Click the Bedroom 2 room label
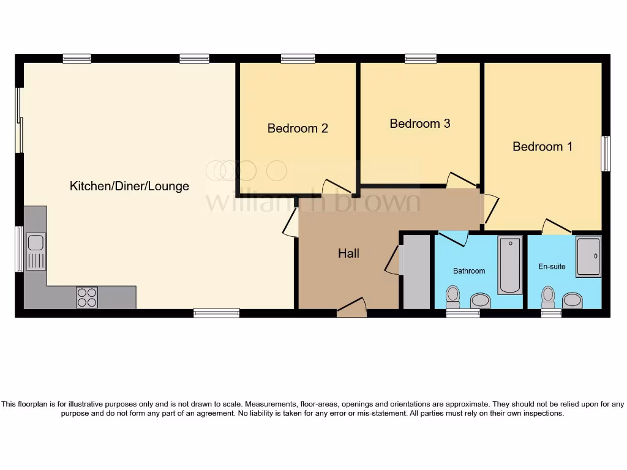tap(298, 129)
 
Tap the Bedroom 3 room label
tap(420, 124)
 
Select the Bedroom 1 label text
tap(543, 147)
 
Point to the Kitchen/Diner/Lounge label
tap(129, 186)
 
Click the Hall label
tap(348, 253)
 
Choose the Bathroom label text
tap(469, 271)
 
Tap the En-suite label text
tap(552, 267)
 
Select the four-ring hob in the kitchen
tap(87, 297)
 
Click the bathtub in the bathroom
tap(509, 265)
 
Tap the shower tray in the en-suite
tap(588, 256)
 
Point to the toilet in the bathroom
tap(453, 296)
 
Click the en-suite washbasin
tap(572, 300)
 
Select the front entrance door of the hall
tap(351, 307)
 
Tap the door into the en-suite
tap(557, 226)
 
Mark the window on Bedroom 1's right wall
tap(606, 154)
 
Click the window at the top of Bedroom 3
tap(421, 59)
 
